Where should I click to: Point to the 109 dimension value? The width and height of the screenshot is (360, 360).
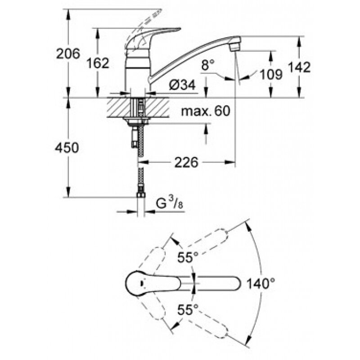click(x=271, y=74)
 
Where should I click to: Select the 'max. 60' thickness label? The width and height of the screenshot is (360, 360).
click(x=205, y=110)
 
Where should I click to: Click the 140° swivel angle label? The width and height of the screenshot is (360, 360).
click(x=261, y=283)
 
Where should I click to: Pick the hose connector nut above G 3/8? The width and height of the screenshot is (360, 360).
click(x=140, y=195)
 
